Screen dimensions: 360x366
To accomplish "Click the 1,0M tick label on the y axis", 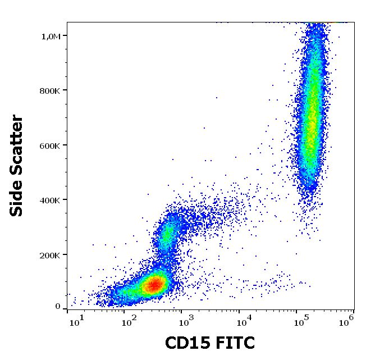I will [x=51, y=37].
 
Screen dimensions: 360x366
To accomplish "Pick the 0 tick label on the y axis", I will [x=57, y=307].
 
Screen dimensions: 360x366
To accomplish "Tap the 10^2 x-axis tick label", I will [x=131, y=320].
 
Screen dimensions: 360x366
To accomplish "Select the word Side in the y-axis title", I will [x=17, y=200].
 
